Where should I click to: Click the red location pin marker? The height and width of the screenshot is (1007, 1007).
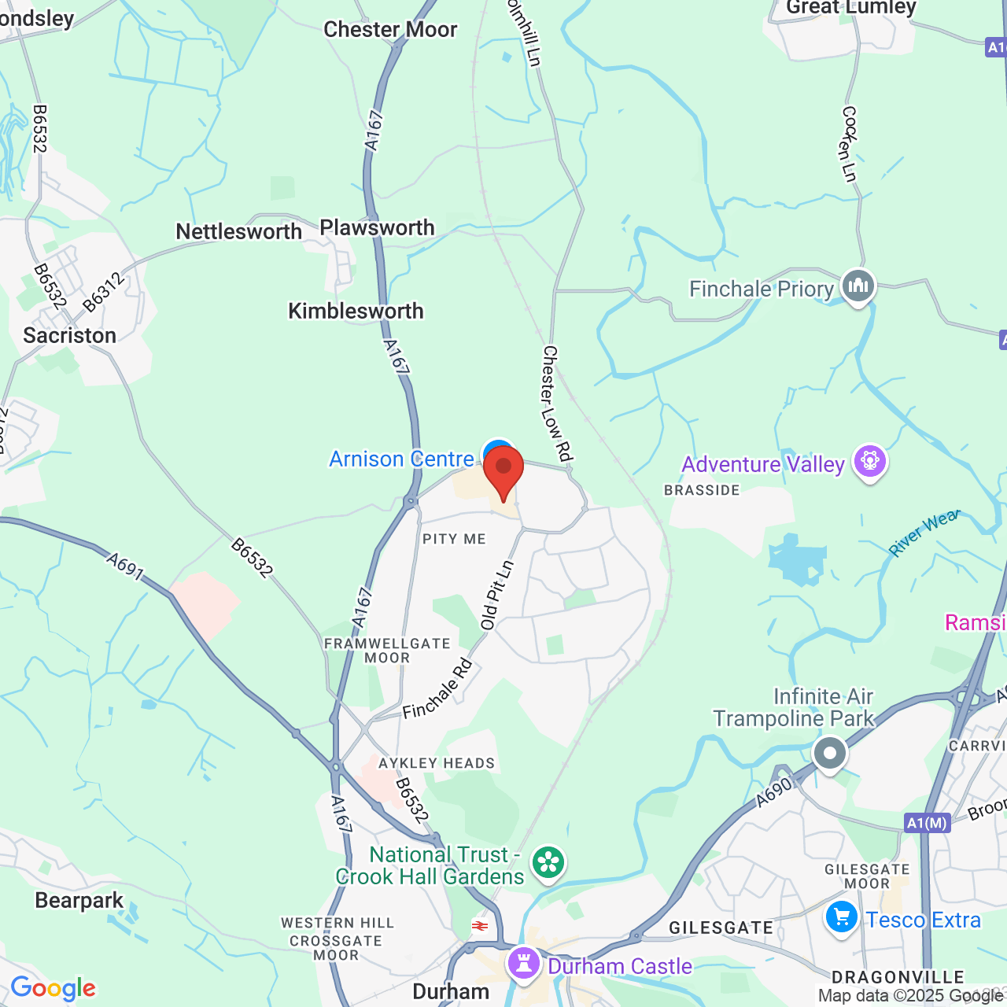pyautogui.click(x=503, y=470)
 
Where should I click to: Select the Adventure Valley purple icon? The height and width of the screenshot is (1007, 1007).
pyautogui.click(x=870, y=462)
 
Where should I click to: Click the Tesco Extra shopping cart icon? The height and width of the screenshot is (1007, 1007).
pyautogui.click(x=841, y=918)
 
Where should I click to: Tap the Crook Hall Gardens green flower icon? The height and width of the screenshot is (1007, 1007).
pyautogui.click(x=548, y=863)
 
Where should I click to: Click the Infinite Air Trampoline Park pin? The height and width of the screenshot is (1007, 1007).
pyautogui.click(x=829, y=754)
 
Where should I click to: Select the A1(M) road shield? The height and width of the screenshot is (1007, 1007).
pyautogui.click(x=927, y=823)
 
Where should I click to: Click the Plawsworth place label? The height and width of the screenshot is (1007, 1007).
pyautogui.click(x=377, y=228)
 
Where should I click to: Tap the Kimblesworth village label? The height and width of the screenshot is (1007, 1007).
pyautogui.click(x=356, y=312)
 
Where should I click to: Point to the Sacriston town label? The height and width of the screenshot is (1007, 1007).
pyautogui.click(x=69, y=336)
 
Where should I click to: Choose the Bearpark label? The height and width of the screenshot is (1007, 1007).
pyautogui.click(x=79, y=901)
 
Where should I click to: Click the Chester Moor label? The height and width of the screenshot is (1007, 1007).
pyautogui.click(x=390, y=30)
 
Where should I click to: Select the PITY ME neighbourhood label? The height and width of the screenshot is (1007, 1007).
pyautogui.click(x=454, y=539)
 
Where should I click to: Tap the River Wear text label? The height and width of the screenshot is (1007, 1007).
pyautogui.click(x=925, y=533)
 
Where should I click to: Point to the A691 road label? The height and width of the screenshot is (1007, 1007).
pyautogui.click(x=126, y=566)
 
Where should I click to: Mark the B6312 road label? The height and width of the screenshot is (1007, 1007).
pyautogui.click(x=103, y=292)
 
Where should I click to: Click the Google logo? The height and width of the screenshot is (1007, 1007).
pyautogui.click(x=53, y=989)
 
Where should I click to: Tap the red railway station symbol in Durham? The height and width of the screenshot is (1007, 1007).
pyautogui.click(x=480, y=926)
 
